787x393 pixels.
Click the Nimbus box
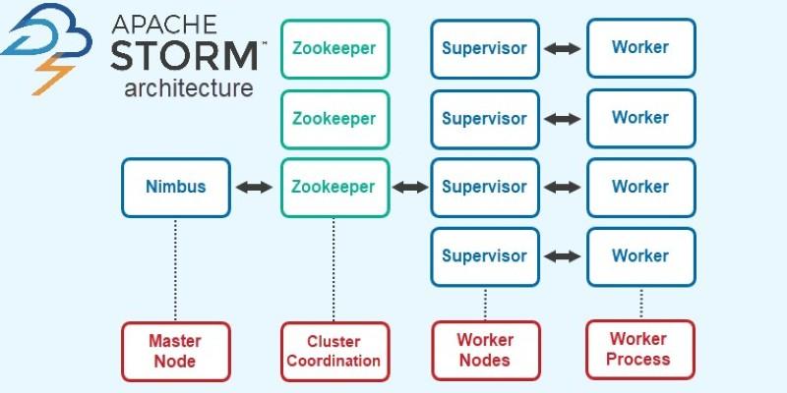click(176, 187)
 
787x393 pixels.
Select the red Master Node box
click(176, 351)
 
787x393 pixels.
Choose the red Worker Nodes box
click(485, 350)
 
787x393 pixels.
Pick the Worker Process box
click(640, 349)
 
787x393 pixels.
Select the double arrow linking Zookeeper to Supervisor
click(409, 187)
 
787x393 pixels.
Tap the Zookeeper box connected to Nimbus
click(334, 187)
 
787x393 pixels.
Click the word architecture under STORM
click(188, 88)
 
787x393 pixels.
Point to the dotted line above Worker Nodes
click(485, 303)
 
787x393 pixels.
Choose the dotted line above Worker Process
click(640, 302)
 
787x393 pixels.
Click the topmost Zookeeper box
click(334, 47)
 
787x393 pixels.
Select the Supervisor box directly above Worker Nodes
click(485, 256)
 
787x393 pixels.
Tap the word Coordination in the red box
click(334, 361)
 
